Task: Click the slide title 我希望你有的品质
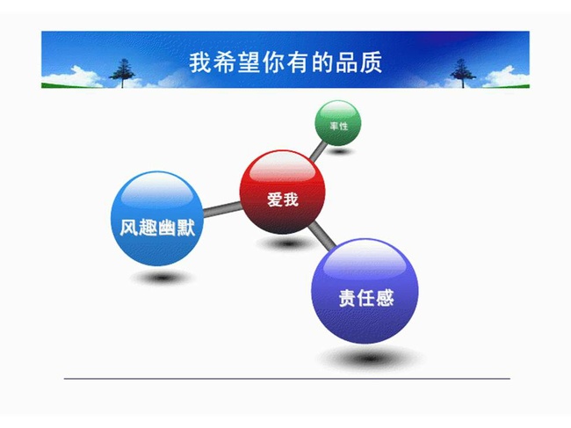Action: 285,62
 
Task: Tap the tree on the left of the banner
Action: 122,73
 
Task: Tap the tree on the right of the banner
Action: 463,73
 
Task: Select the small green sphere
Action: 338,123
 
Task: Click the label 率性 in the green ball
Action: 339,126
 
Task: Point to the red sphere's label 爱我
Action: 283,199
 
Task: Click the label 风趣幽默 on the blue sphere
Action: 157,228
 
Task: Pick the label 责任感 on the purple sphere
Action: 366,298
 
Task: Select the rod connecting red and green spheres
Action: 319,150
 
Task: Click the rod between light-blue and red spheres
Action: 222,209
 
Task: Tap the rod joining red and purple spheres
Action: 322,236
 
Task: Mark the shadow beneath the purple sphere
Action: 370,358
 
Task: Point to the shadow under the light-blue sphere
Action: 162,278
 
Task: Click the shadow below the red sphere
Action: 287,243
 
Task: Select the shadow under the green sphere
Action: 340,151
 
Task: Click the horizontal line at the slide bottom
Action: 287,379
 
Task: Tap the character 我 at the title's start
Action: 200,62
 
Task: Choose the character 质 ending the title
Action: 372,62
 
